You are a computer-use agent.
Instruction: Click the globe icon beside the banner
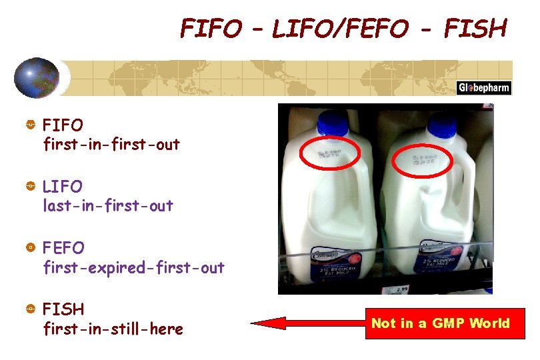click(x=37, y=77)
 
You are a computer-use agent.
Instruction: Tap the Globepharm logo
click(x=483, y=87)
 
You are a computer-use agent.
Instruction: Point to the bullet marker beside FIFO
click(x=30, y=125)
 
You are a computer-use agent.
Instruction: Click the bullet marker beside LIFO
click(x=30, y=187)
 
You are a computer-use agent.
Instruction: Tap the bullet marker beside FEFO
click(x=30, y=248)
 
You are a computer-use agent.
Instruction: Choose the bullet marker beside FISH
click(x=30, y=309)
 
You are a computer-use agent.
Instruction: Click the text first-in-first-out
click(x=111, y=144)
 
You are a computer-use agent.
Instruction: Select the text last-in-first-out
click(x=108, y=206)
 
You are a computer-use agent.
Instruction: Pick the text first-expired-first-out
click(x=133, y=267)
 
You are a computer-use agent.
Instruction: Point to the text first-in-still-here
click(x=113, y=329)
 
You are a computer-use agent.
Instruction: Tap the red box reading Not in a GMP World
click(x=440, y=324)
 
